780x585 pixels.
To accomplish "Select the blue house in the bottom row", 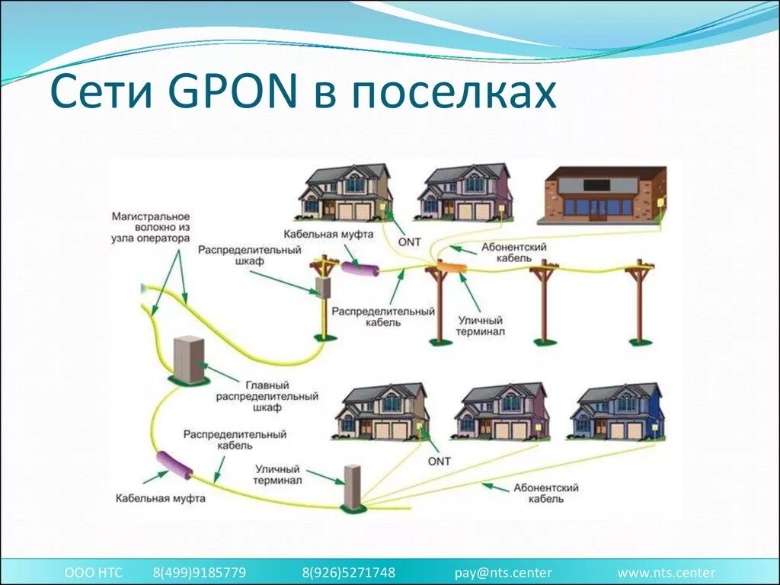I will tap(618, 412).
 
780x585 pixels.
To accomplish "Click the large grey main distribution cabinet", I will tap(190, 360).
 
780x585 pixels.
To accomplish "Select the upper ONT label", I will tap(410, 241).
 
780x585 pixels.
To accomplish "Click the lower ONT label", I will tap(440, 461).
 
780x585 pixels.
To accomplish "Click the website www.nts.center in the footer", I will tap(666, 573).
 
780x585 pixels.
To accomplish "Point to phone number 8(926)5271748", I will tap(349, 573).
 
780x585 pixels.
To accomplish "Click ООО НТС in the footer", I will tap(93, 573).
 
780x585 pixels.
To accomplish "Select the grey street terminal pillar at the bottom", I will tap(353, 486).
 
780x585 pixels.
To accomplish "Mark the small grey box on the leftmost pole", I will tap(323, 287).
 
